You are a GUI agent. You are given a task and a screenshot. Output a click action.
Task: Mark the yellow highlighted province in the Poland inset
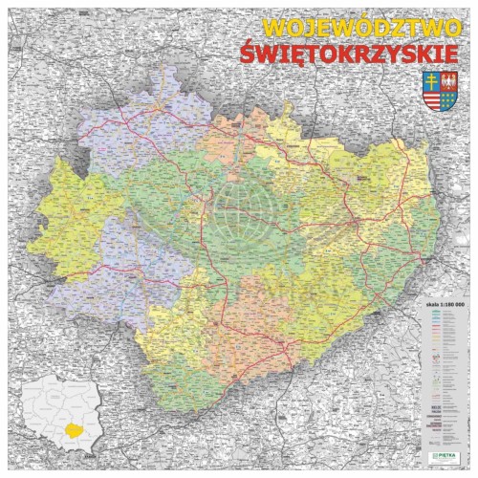click(69, 430)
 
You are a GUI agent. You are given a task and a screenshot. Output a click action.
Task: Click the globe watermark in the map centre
click(238, 215)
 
